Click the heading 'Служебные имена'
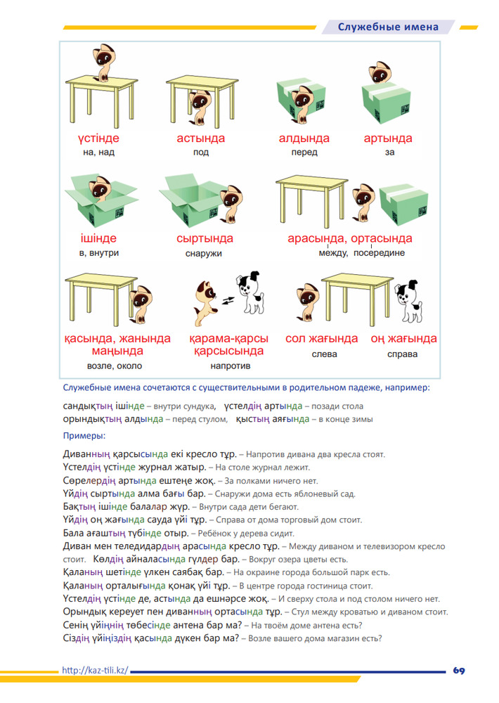click(388, 27)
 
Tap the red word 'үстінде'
click(98, 138)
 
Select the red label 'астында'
click(200, 138)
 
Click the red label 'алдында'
click(304, 138)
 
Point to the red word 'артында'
click(388, 138)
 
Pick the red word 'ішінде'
click(98, 238)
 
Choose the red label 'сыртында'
click(205, 238)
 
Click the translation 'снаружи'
click(204, 254)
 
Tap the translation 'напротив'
click(231, 366)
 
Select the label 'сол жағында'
click(322, 339)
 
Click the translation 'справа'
click(402, 354)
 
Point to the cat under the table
click(199, 107)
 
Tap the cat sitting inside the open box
click(101, 188)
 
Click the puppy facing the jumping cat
click(251, 292)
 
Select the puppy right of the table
click(408, 302)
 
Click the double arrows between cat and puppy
click(228, 300)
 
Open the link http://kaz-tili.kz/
click(95, 670)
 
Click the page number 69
click(459, 670)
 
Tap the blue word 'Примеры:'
click(84, 436)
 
